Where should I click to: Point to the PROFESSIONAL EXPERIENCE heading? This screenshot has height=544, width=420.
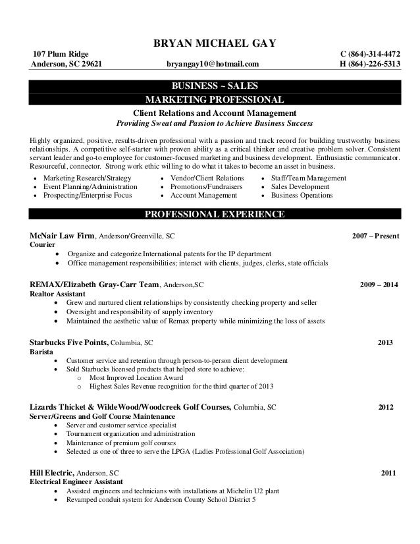(214, 215)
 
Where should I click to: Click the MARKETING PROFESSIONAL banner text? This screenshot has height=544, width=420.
(214, 100)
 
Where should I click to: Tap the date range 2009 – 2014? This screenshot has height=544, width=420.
(379, 285)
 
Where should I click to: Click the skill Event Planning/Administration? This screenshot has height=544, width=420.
(90, 187)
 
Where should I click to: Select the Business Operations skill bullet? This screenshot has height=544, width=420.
(302, 196)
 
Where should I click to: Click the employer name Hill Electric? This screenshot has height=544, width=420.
(53, 473)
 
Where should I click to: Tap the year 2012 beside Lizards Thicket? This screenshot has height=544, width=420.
(386, 408)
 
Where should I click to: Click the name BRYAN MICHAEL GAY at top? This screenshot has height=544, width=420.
(214, 43)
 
